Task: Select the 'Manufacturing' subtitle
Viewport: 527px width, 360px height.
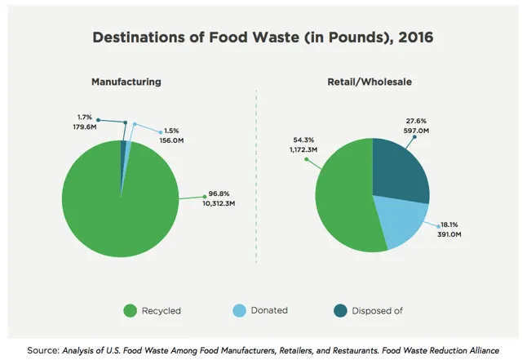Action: tap(126, 82)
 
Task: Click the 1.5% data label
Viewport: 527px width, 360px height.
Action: tap(170, 131)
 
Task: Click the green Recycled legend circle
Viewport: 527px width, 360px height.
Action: tap(130, 310)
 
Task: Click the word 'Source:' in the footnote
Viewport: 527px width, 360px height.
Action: tap(42, 350)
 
